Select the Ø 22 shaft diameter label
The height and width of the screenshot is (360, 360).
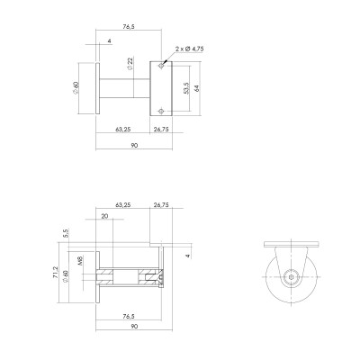(x=130, y=65)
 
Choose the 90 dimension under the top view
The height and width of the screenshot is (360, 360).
(x=134, y=145)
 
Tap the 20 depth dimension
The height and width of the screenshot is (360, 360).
(x=105, y=217)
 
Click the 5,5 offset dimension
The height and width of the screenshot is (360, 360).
(x=67, y=232)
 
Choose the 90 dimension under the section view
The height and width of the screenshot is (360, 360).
(x=134, y=328)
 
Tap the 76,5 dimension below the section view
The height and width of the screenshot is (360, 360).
(x=128, y=316)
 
